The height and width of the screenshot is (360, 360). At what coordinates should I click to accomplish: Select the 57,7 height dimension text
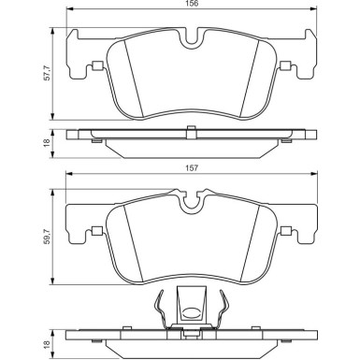pos(47,74)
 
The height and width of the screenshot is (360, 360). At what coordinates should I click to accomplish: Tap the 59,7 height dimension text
pos(47,237)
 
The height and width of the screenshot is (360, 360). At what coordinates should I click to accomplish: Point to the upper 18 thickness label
pos(47,144)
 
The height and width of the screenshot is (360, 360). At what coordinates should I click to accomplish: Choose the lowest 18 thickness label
pos(47,344)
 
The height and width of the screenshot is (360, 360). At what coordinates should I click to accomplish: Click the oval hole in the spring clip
pos(190,312)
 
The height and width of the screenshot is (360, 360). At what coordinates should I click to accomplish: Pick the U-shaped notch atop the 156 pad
pos(193,39)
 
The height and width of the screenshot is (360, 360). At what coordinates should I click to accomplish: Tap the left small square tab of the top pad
pos(97,65)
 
